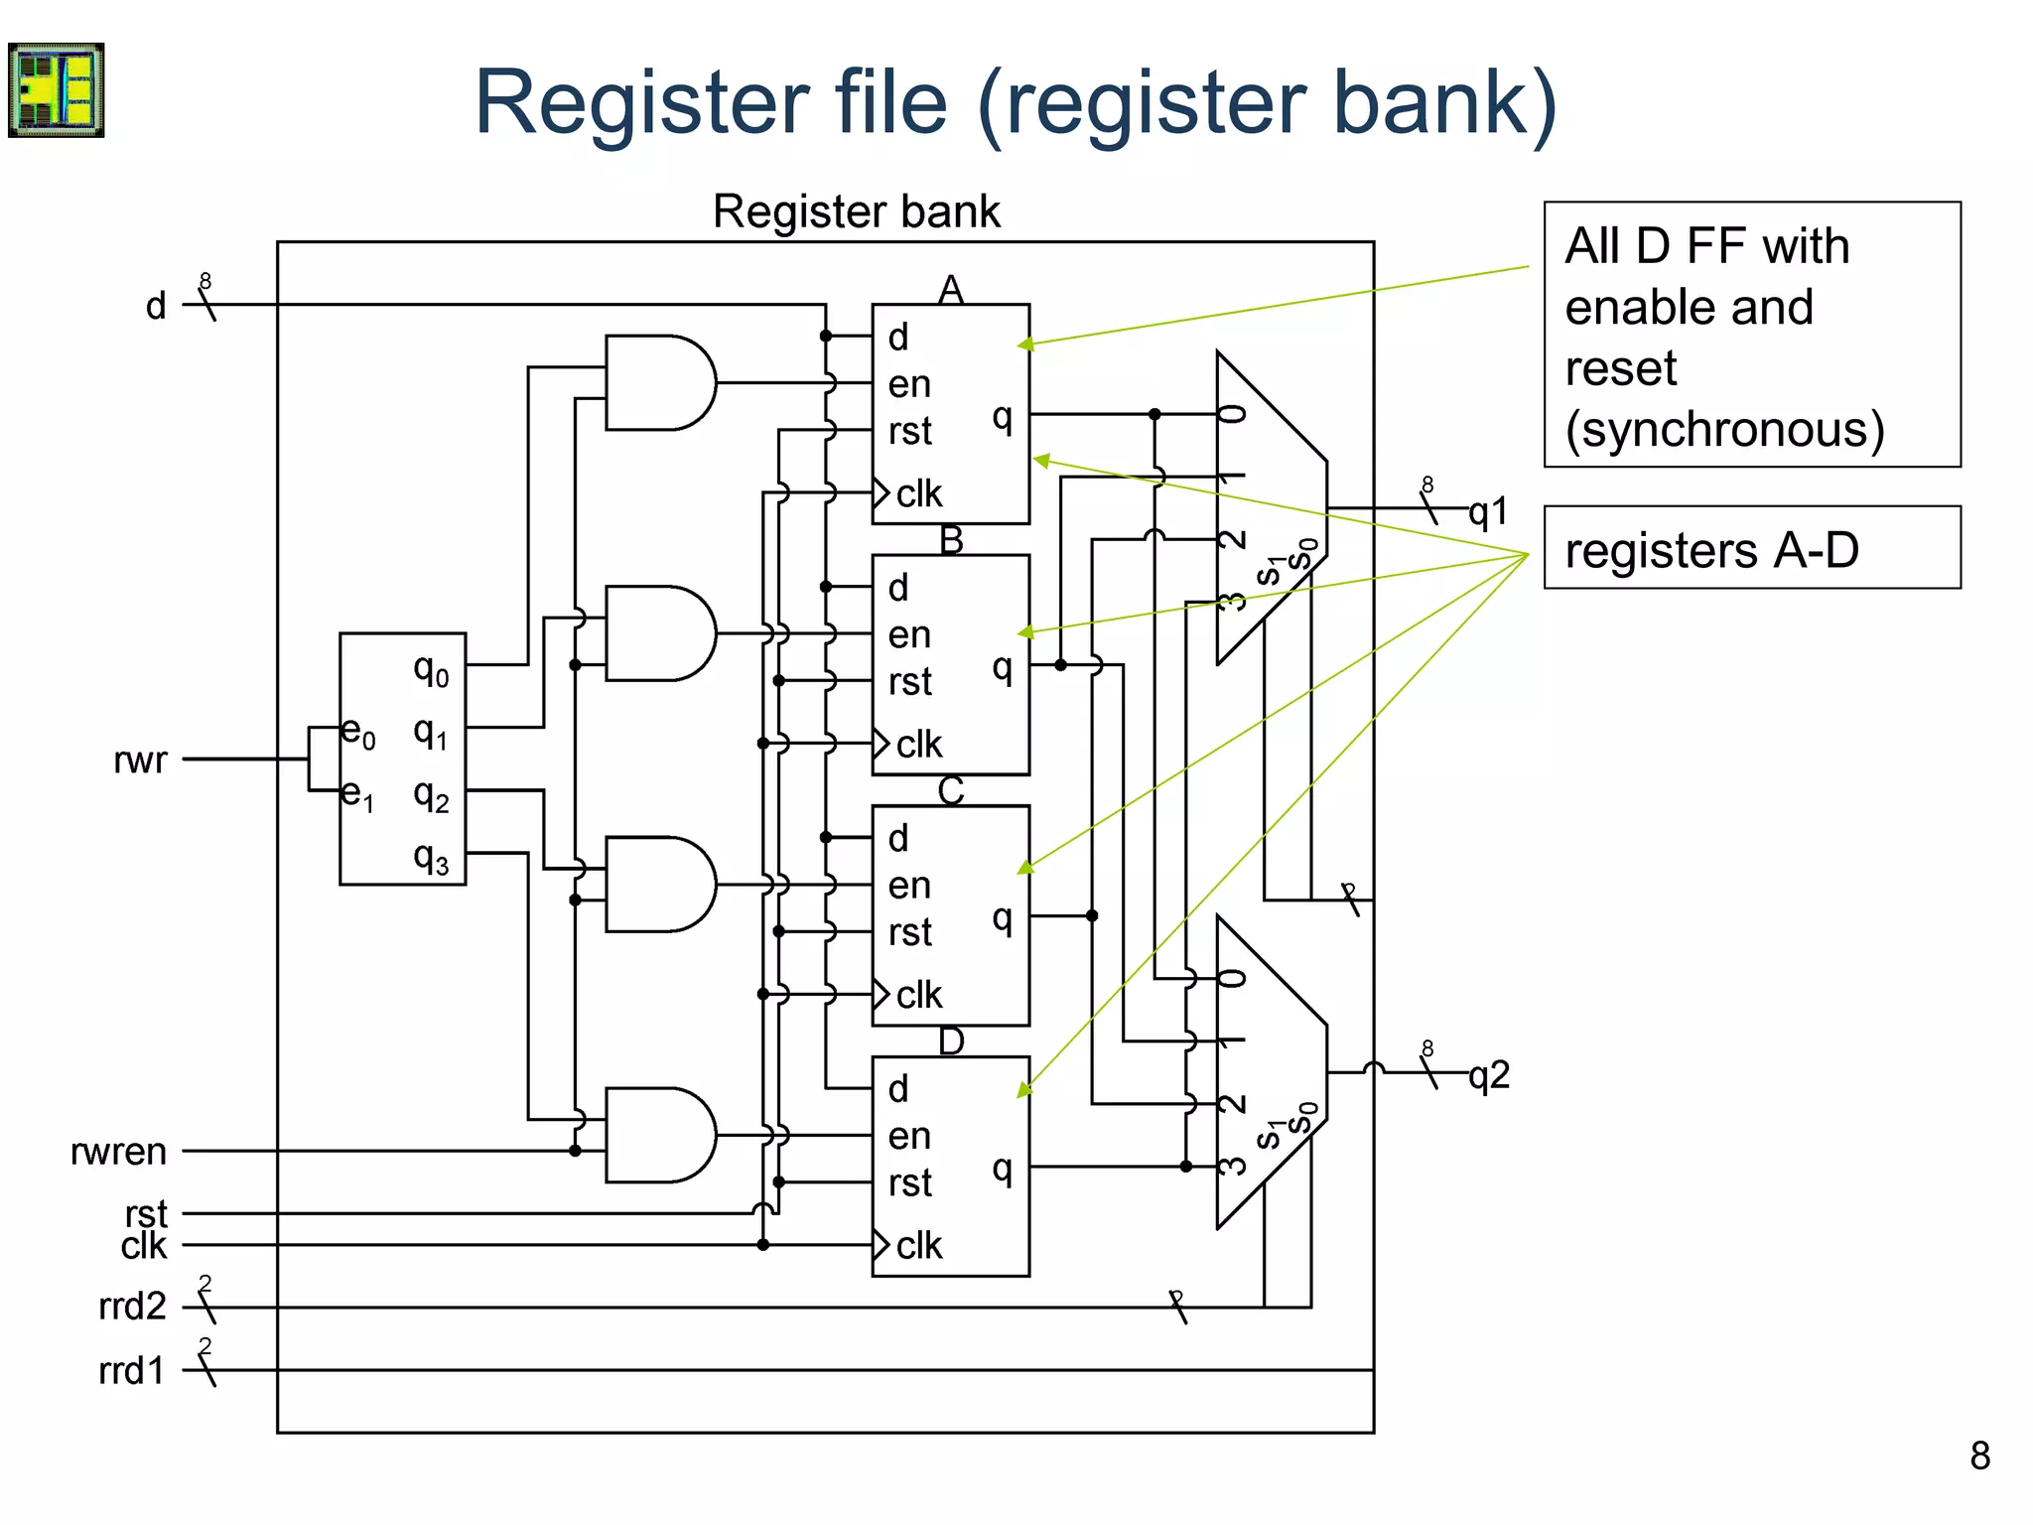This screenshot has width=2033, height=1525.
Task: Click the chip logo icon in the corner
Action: click(x=57, y=89)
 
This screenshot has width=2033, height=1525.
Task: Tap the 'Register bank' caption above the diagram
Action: click(x=856, y=211)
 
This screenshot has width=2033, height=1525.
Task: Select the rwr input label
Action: click(x=140, y=760)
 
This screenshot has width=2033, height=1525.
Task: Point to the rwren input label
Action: click(x=118, y=1152)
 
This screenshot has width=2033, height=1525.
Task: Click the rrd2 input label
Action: click(x=131, y=1307)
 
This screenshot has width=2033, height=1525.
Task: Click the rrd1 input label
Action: click(x=131, y=1371)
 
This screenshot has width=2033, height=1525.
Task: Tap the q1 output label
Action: click(x=1488, y=512)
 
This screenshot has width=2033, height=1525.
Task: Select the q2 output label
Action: click(x=1489, y=1075)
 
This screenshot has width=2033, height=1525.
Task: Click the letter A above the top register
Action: click(x=951, y=290)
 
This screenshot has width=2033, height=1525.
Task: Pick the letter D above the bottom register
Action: click(x=951, y=1041)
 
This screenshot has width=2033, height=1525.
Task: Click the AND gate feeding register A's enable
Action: click(x=659, y=383)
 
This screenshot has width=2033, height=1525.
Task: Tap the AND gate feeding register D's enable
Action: click(x=659, y=1135)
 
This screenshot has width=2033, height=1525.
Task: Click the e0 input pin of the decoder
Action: click(x=357, y=733)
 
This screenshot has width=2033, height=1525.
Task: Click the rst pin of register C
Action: click(x=909, y=932)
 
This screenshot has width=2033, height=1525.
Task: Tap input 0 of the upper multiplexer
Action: click(x=1232, y=414)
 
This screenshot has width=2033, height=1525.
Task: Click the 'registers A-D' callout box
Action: click(x=1751, y=548)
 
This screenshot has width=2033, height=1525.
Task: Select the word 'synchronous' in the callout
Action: click(x=1725, y=430)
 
